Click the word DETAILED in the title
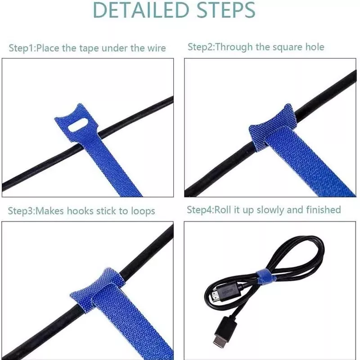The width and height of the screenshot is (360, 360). [141, 10]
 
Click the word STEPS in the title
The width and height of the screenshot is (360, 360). [226, 10]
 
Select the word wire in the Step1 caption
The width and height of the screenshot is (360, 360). [157, 48]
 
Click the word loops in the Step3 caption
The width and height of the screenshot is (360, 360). [143, 211]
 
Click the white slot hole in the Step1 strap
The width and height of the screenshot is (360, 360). [78, 125]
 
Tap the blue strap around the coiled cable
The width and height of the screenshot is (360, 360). [264, 274]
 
